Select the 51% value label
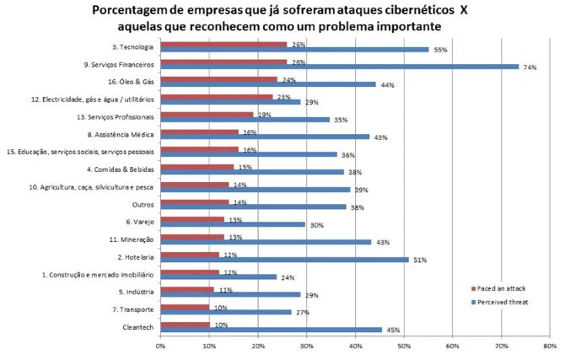pyautogui.click(x=418, y=261)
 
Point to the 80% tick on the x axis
pyautogui.click(x=549, y=345)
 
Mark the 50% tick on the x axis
pyautogui.click(x=403, y=345)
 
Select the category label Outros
pyautogui.click(x=143, y=204)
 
